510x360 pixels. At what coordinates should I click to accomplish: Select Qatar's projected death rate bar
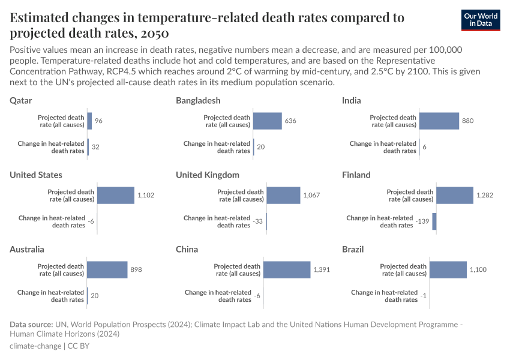(x=89, y=121)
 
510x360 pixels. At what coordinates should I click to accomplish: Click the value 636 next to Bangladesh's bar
(x=290, y=121)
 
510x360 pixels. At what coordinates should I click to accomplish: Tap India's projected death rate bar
(x=439, y=121)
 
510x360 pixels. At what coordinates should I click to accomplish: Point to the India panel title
(x=352, y=100)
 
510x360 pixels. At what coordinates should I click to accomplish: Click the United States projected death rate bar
(x=116, y=196)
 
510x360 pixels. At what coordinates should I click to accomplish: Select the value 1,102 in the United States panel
(x=146, y=196)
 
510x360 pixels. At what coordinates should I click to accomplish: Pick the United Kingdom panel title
(x=208, y=175)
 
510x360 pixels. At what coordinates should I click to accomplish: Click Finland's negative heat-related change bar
(x=434, y=221)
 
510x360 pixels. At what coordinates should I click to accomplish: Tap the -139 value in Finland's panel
(x=422, y=221)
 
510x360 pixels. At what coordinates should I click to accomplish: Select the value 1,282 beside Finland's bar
(x=485, y=196)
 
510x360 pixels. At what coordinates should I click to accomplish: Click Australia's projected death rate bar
(x=107, y=270)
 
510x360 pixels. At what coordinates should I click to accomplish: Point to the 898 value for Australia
(x=136, y=270)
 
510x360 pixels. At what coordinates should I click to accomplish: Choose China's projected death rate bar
(x=287, y=270)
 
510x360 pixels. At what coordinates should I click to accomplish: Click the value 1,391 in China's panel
(x=322, y=270)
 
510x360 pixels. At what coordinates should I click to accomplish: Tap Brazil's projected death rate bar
(x=448, y=270)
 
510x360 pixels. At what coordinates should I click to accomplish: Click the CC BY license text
(x=78, y=346)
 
